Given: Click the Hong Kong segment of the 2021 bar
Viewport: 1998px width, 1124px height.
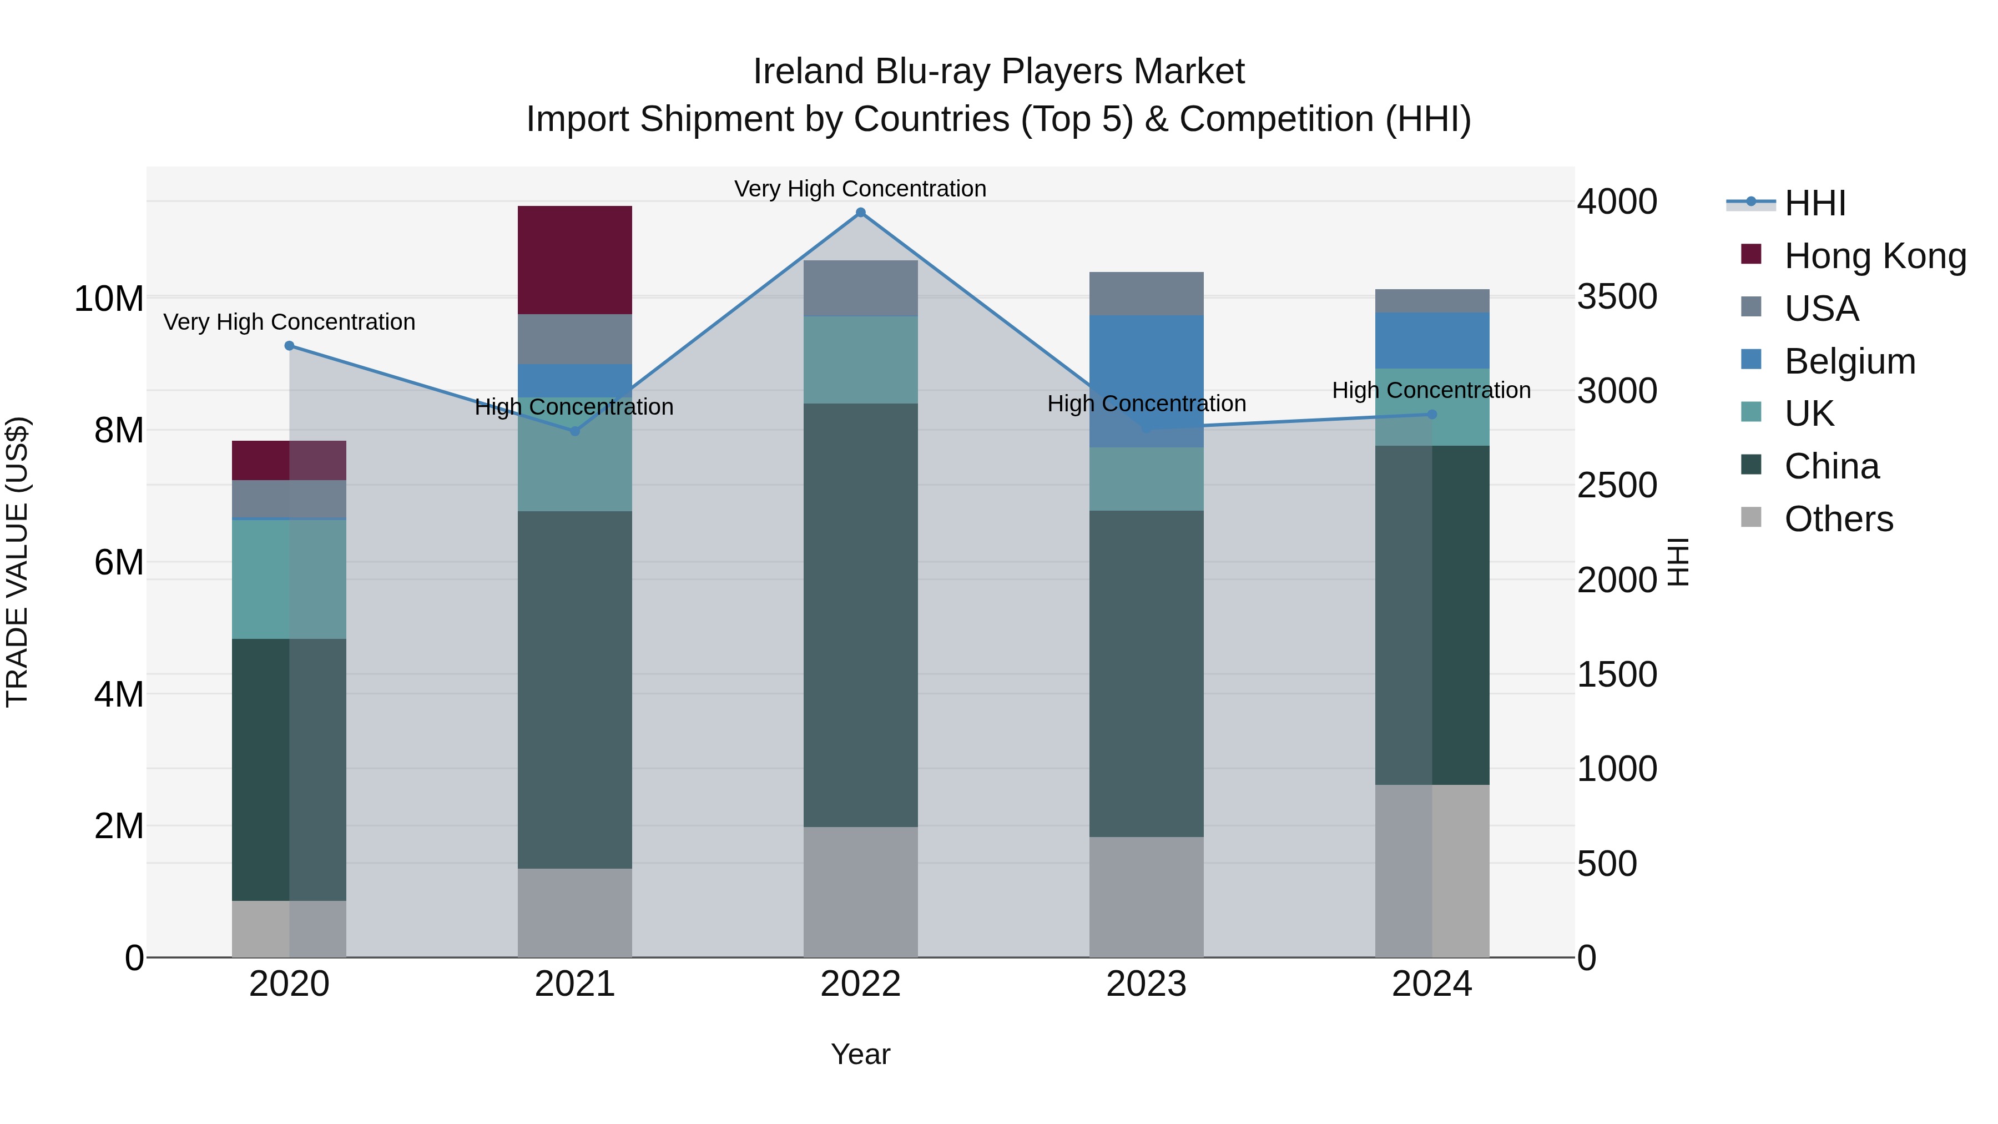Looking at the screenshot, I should click(x=575, y=260).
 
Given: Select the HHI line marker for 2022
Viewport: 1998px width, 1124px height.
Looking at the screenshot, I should click(x=860, y=213).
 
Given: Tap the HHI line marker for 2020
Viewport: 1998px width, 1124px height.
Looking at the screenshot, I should click(x=289, y=346).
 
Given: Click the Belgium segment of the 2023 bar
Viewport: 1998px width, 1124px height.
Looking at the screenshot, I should click(x=1147, y=381).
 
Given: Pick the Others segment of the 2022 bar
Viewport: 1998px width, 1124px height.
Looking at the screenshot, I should click(x=860, y=891).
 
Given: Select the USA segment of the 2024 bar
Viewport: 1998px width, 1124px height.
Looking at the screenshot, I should click(x=1432, y=301).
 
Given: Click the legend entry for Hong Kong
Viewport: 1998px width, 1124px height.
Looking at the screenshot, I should click(x=1875, y=256).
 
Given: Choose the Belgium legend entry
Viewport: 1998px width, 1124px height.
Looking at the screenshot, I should click(x=1849, y=361).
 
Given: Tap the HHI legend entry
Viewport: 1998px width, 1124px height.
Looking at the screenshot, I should click(x=1814, y=203).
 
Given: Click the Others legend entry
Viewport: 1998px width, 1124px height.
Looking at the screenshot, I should click(x=1838, y=519).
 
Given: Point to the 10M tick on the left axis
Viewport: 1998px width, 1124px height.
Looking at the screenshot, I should click(x=109, y=299).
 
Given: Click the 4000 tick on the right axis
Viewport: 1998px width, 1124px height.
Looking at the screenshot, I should click(x=1617, y=201).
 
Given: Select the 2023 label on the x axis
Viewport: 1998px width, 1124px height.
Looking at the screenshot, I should click(x=1147, y=984).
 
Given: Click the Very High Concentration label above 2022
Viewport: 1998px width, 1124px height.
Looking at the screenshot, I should click(x=860, y=189).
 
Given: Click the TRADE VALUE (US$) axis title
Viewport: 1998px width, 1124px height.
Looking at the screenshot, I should click(x=17, y=562).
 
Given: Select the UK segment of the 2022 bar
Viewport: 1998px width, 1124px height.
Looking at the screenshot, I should click(x=860, y=359).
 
